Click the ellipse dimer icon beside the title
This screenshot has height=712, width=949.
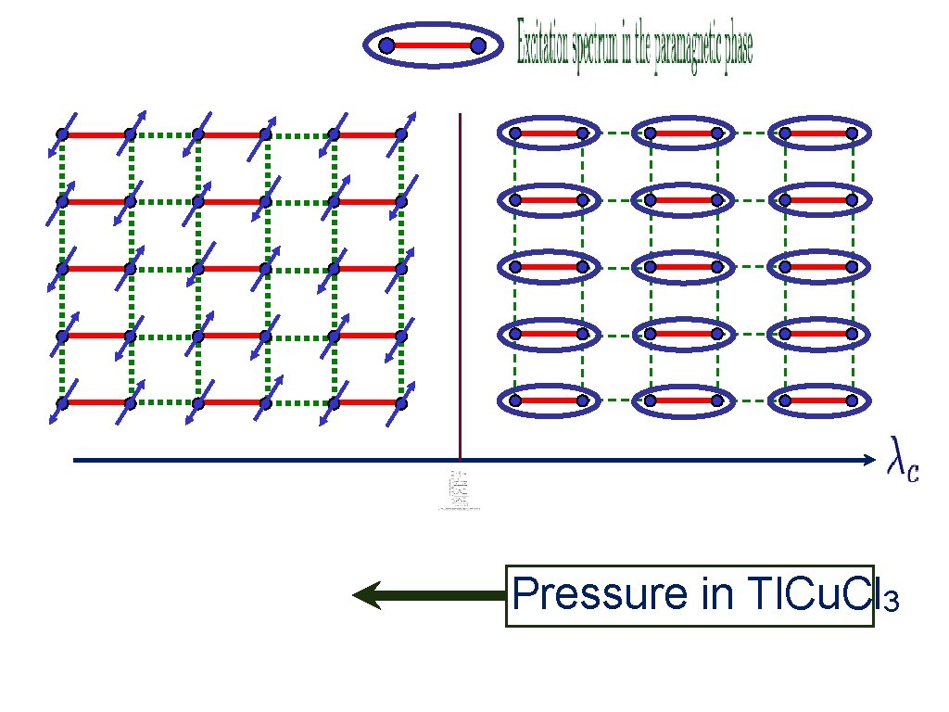click(433, 44)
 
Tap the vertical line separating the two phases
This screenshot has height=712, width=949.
click(460, 278)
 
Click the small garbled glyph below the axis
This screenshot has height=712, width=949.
click(459, 491)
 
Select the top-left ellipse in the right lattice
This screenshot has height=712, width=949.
click(548, 133)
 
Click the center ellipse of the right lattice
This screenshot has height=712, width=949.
click(683, 267)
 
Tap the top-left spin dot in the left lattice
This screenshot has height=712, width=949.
click(62, 134)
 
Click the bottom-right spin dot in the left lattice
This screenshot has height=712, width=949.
click(401, 402)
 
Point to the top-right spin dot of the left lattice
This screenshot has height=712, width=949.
click(401, 134)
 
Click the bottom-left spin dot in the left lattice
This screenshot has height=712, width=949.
click(62, 402)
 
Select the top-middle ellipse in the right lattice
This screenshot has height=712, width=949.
click(683, 133)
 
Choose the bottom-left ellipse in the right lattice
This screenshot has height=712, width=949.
click(548, 400)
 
